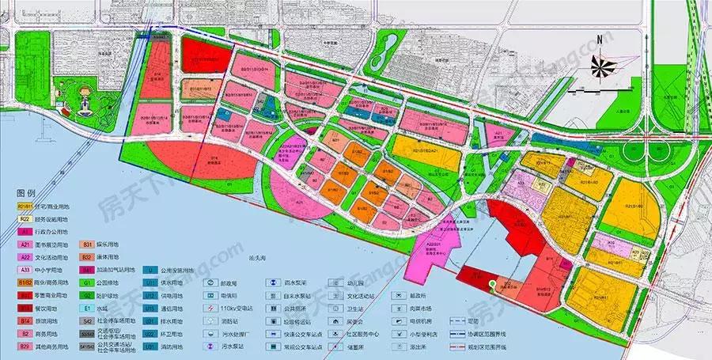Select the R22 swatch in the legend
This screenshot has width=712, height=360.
(25, 218)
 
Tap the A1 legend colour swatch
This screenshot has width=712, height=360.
(25, 231)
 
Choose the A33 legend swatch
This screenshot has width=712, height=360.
(25, 269)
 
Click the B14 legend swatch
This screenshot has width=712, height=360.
(25, 320)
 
